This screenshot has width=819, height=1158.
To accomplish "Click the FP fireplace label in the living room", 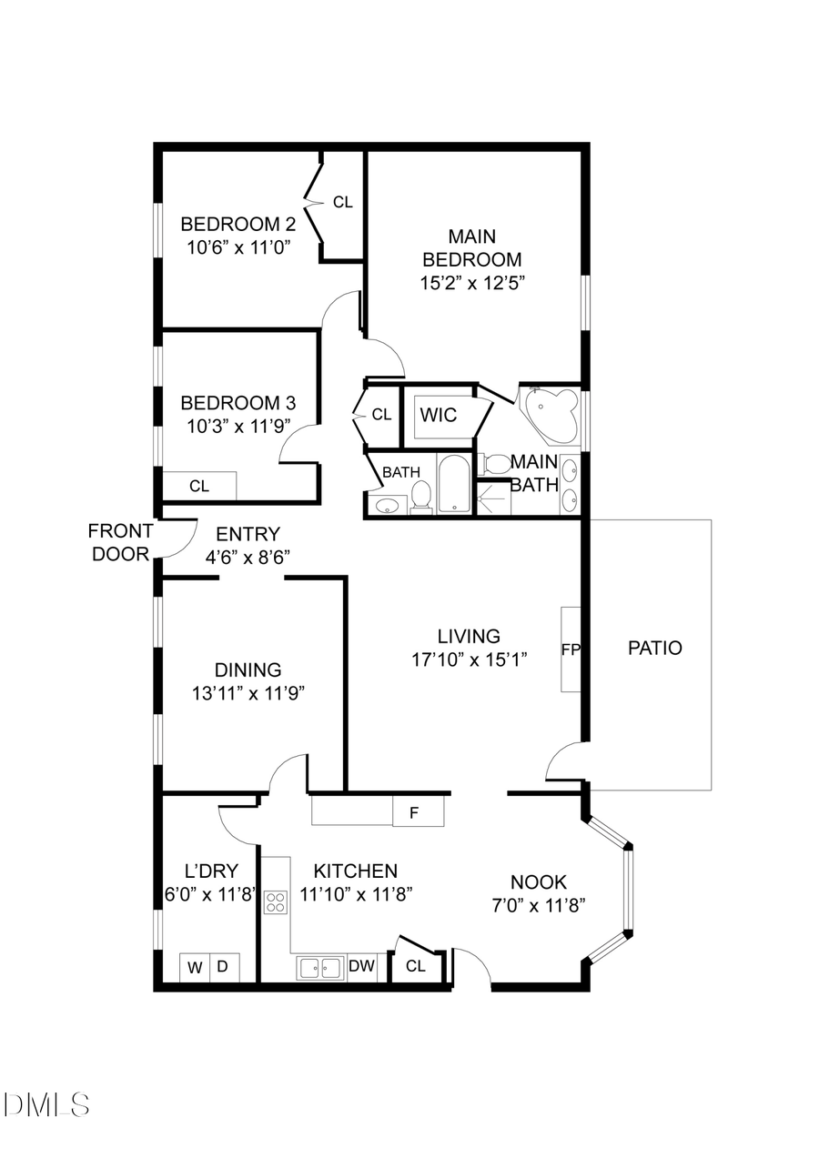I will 571,649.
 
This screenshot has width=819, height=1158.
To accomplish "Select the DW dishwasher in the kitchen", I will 361,967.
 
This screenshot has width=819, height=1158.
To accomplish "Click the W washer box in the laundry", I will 195,968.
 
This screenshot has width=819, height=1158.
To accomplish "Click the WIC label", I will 438,415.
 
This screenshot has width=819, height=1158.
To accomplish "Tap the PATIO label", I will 655,649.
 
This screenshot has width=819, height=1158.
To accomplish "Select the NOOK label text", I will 539,881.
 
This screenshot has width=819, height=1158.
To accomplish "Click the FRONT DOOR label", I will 120,542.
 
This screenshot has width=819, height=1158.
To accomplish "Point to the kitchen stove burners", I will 275,902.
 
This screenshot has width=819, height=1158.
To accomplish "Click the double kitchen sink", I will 319,968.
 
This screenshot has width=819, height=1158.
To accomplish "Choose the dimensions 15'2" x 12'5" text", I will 473,283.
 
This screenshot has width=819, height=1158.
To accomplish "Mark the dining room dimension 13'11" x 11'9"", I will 248,693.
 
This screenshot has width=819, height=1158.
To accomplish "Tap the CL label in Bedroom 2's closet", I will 342,203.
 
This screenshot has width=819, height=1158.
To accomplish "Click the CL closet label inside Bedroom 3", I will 199,487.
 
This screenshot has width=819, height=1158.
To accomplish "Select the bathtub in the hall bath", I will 454,484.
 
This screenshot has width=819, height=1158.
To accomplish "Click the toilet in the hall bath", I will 421,496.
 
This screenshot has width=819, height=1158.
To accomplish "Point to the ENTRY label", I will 248,535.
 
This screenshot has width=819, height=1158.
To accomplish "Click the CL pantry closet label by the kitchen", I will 416,967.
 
